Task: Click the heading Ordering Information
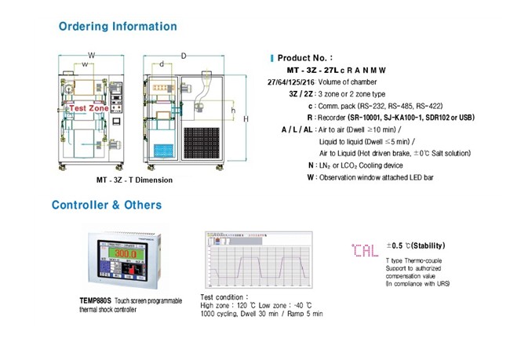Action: point(118,26)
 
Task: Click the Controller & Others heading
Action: point(107,205)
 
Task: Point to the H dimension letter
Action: point(246,118)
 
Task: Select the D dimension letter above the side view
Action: point(184,56)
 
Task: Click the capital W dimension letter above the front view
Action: point(92,55)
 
